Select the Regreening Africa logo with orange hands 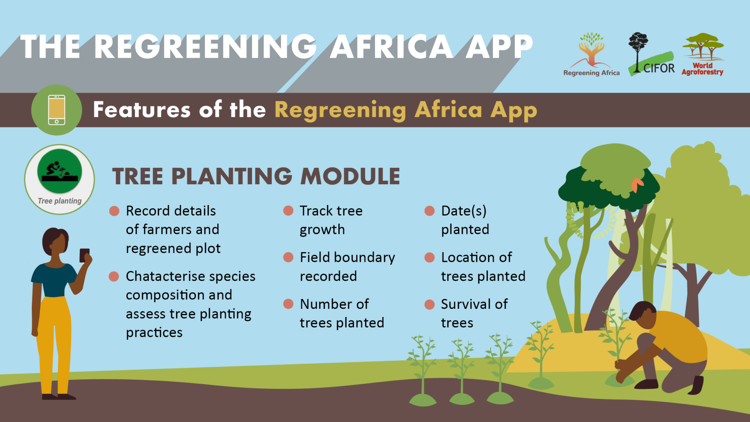pos(591,54)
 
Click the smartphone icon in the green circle pos(57,110)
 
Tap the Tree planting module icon pos(60,179)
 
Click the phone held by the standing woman pos(85,255)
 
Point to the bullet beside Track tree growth pos(288,211)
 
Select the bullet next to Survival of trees pos(429,304)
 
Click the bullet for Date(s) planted pos(429,211)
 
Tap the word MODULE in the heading pos(350,176)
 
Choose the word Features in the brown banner pos(142,110)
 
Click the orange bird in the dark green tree pos(638,185)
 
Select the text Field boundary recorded pos(347,267)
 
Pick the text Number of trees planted pos(342,313)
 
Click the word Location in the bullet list pos(465,257)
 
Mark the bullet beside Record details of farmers pos(114,211)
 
